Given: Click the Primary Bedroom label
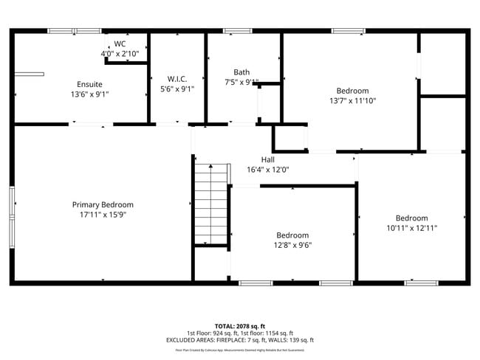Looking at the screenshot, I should (x=103, y=204).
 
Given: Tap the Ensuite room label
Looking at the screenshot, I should (x=89, y=84).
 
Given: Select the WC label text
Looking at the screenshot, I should (x=120, y=44).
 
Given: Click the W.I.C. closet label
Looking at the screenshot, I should (x=176, y=79).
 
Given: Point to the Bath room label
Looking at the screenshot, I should (x=241, y=72).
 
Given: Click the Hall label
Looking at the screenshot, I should (x=267, y=159).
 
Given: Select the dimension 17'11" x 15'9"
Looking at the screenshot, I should (x=103, y=215).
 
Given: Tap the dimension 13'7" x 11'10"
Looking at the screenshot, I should (x=352, y=101).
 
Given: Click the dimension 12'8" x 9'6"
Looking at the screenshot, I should (x=293, y=246).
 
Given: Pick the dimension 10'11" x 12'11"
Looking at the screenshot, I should (x=411, y=228).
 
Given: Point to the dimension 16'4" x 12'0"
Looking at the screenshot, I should (x=267, y=170).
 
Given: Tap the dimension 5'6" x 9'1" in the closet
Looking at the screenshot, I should (x=176, y=89).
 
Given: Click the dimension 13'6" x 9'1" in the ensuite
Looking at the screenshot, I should (x=89, y=94).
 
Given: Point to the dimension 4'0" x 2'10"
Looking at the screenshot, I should (x=120, y=53).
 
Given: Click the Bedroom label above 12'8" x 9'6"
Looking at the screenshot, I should (x=293, y=235).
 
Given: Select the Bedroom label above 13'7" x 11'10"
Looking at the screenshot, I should (x=352, y=91).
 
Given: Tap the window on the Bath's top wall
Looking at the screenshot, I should (x=238, y=31).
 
